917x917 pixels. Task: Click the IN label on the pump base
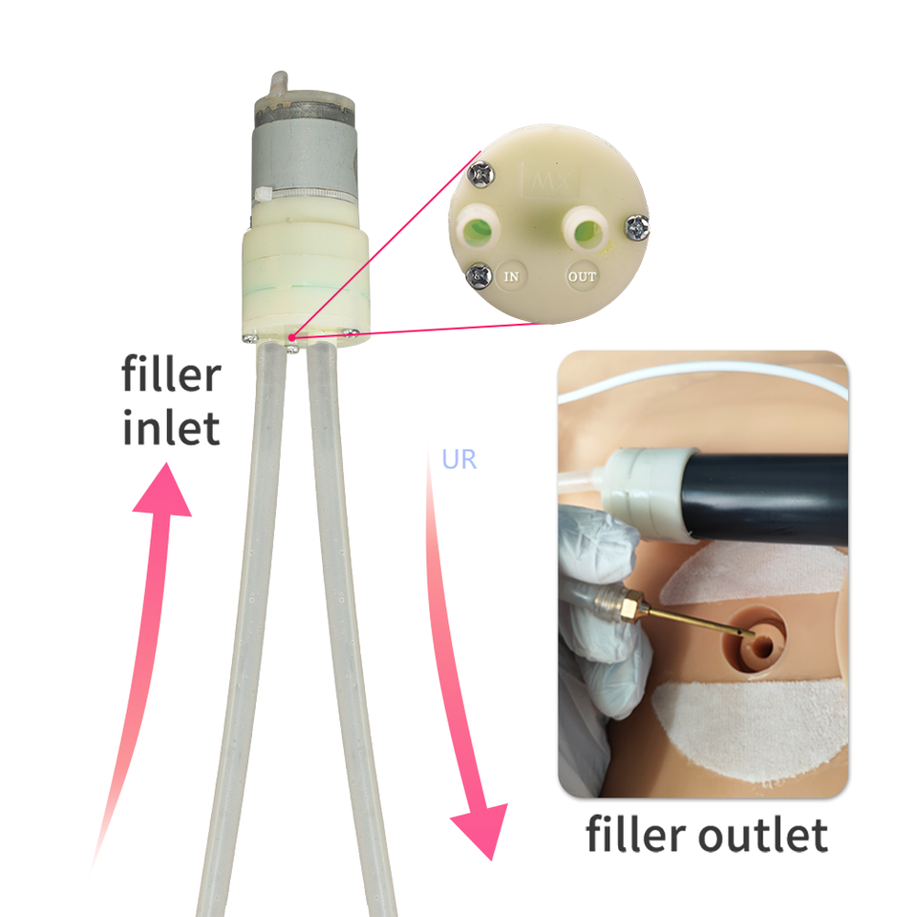[512, 277]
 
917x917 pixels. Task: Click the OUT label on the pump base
[582, 277]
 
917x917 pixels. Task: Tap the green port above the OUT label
[585, 230]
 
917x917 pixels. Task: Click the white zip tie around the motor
[306, 197]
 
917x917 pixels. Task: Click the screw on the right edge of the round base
[636, 226]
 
